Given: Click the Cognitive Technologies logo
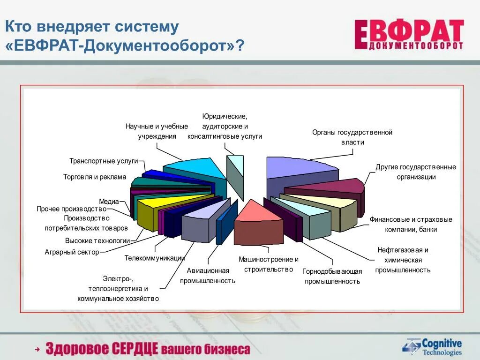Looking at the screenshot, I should pyautogui.click(x=432, y=347).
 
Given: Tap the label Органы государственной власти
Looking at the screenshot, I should pyautogui.click(x=352, y=137).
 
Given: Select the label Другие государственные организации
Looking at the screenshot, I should pyautogui.click(x=416, y=172).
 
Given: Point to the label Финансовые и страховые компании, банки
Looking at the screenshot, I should pyautogui.click(x=411, y=225).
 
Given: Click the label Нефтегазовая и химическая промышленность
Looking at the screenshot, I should pyautogui.click(x=403, y=260).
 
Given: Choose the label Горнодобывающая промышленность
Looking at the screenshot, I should pyautogui.click(x=332, y=276).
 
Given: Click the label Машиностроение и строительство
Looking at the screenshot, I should pyautogui.click(x=268, y=264).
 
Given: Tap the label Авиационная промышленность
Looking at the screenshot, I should pyautogui.click(x=208, y=276).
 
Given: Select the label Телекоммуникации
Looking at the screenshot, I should pyautogui.click(x=155, y=258).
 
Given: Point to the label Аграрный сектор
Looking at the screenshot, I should pyautogui.click(x=72, y=252).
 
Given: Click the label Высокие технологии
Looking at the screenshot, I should pyautogui.click(x=97, y=240).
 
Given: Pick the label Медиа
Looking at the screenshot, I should pyautogui.click(x=109, y=202).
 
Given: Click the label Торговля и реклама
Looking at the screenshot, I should pyautogui.click(x=95, y=177).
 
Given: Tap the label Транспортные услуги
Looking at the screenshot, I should pyautogui.click(x=104, y=161).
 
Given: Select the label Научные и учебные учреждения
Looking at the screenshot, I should pyautogui.click(x=157, y=131).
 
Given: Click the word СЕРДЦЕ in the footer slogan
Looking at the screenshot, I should pyautogui.click(x=135, y=349).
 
